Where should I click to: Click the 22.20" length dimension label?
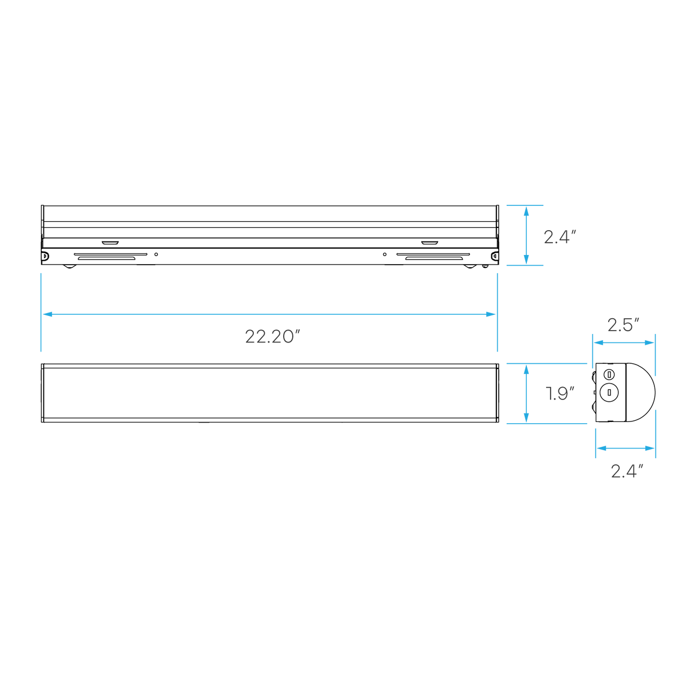click(x=272, y=336)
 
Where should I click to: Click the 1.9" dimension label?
click(x=560, y=393)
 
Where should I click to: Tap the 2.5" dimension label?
click(x=623, y=325)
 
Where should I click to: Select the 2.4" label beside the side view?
click(x=560, y=237)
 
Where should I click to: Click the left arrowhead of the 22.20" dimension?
click(x=47, y=314)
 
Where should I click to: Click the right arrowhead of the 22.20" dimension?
click(x=490, y=314)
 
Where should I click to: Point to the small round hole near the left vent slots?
click(x=156, y=254)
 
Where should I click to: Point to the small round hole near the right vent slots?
click(x=385, y=254)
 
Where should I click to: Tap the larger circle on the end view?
click(x=609, y=393)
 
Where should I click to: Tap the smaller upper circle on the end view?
click(x=609, y=375)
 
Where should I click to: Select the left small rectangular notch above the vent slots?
click(x=111, y=243)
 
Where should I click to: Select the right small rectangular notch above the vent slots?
click(x=430, y=243)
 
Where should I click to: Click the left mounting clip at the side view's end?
click(x=45, y=256)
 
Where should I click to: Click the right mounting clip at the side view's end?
click(x=495, y=256)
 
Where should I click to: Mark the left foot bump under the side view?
click(x=69, y=267)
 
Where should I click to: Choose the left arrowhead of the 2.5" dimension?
click(x=599, y=342)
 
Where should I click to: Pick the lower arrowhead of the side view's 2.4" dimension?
click(x=526, y=260)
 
